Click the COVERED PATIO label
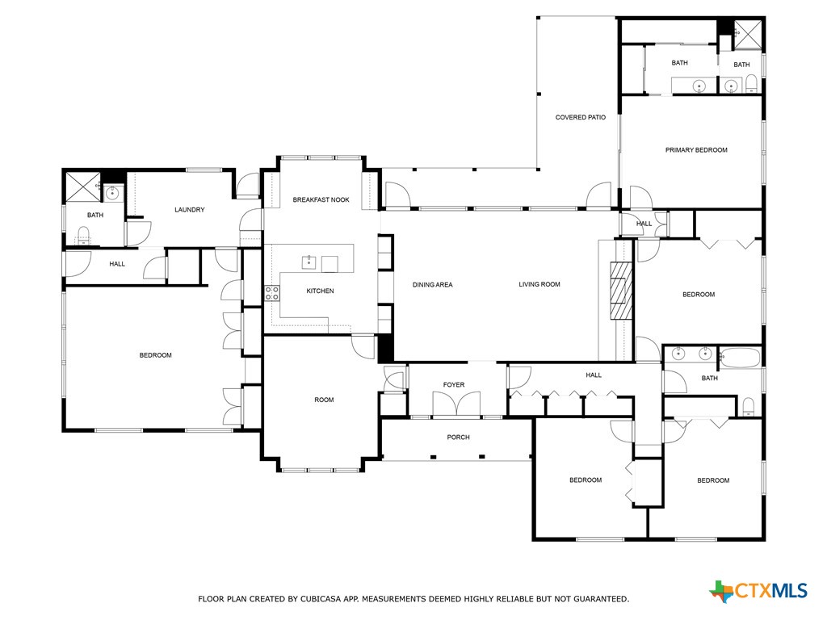580,118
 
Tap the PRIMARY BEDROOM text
696,150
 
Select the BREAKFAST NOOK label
321,199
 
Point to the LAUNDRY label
190,210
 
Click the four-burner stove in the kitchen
272,293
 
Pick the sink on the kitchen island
309,262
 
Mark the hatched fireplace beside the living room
621,291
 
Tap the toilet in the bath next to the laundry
82,236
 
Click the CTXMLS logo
758,591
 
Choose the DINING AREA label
432,284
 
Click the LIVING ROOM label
539,284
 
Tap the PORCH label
458,438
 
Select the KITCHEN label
320,291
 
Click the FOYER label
454,385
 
